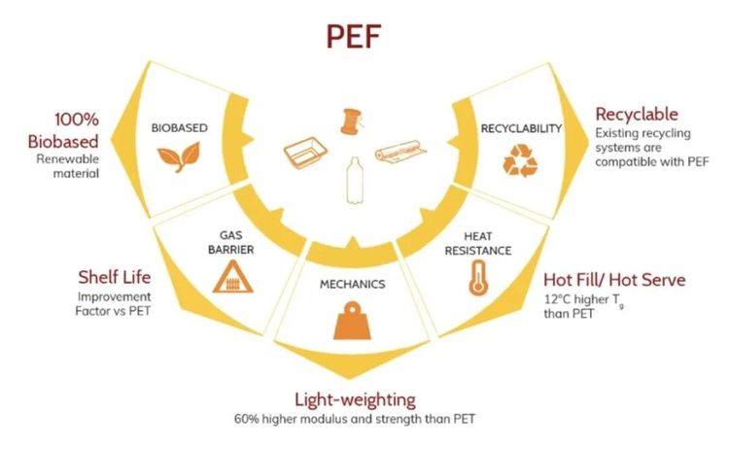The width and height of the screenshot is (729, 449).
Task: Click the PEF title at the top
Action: click(354, 37)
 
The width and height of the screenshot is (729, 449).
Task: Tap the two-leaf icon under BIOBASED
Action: click(179, 157)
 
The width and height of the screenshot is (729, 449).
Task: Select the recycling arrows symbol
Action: click(520, 160)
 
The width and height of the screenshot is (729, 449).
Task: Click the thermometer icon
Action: click(478, 278)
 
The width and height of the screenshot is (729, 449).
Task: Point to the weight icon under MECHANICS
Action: click(353, 321)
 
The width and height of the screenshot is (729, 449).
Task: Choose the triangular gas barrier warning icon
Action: click(232, 277)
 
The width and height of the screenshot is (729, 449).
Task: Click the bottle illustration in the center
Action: click(355, 181)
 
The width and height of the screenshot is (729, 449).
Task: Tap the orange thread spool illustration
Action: click(351, 121)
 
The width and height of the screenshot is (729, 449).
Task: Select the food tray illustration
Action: click(305, 153)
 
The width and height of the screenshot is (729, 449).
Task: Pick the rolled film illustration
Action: click(400, 152)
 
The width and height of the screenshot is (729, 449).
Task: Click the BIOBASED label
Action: click(180, 128)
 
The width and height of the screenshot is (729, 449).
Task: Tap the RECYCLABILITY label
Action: click(521, 128)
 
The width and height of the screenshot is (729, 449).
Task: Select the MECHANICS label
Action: click(353, 284)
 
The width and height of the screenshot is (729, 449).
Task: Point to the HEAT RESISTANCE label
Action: click(478, 244)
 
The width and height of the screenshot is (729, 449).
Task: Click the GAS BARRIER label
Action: click(231, 243)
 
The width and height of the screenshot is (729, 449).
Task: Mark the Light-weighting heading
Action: click(355, 399)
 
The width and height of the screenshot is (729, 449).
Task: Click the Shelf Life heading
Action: click(115, 277)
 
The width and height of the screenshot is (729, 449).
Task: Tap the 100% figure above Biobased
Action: click(77, 120)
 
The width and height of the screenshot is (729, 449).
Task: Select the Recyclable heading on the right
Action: click(637, 115)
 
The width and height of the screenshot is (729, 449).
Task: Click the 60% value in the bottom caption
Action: click(245, 419)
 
